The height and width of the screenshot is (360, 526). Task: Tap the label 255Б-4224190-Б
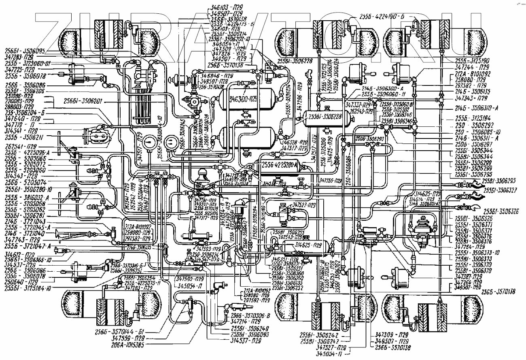(x=384, y=17)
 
